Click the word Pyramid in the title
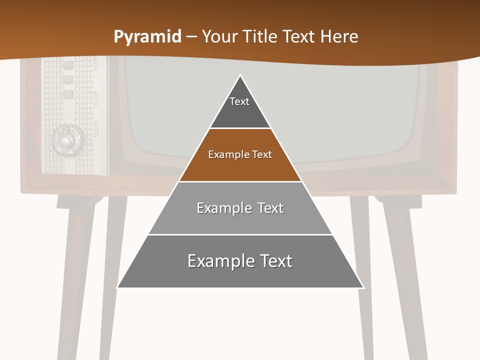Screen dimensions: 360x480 (x=147, y=37)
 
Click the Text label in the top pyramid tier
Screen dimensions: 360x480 (x=239, y=101)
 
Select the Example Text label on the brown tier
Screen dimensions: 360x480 (x=240, y=154)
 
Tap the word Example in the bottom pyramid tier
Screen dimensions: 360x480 (x=217, y=261)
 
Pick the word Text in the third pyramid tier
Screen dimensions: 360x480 (x=270, y=208)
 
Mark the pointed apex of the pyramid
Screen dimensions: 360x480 (x=240, y=76)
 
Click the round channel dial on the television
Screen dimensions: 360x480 (x=65, y=139)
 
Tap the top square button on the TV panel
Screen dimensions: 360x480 (x=68, y=64)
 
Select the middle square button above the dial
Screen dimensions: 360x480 (x=68, y=79)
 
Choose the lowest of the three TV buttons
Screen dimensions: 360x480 (x=68, y=93)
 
